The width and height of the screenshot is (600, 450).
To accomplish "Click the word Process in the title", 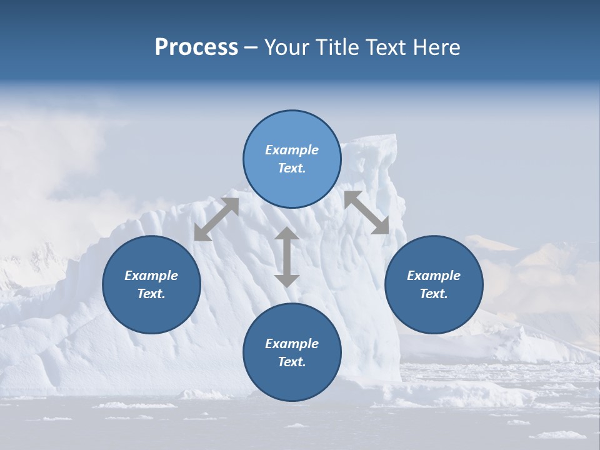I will (196, 47).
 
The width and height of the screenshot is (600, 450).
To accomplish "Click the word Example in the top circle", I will (292, 150).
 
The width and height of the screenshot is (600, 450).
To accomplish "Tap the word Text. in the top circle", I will (292, 168).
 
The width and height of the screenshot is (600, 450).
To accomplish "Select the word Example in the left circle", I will (151, 276).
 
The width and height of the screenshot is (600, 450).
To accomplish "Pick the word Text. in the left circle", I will (151, 294).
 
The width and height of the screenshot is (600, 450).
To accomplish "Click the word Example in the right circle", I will (434, 276).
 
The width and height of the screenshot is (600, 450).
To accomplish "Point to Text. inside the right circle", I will (434, 294).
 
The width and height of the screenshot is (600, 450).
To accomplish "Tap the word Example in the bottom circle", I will (292, 344).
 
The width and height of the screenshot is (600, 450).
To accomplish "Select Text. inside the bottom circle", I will (292, 362).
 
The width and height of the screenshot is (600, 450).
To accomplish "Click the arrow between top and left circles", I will (216, 219).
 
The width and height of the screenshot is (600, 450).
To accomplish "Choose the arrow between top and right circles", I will (367, 212).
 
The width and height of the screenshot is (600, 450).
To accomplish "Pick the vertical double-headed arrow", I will (287, 257).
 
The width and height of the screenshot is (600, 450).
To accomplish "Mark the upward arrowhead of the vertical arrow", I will (287, 233).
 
